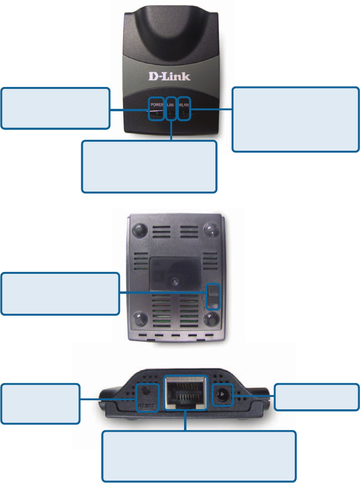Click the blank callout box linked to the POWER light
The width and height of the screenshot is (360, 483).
pos(55,108)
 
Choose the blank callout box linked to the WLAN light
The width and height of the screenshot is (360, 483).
pos(295,119)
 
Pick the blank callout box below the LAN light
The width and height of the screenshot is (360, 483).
pos(149,166)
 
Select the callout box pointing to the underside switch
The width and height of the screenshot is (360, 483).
pos(60,293)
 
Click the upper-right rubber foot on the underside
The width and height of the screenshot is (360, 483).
pos(211,230)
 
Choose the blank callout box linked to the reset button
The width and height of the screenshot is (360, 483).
pos(40,404)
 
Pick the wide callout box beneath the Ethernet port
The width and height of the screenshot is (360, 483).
pos(199,456)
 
